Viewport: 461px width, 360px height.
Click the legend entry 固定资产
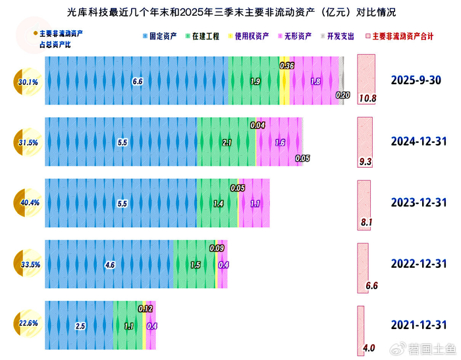(x=162, y=36)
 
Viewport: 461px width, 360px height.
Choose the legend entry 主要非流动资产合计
(x=402, y=36)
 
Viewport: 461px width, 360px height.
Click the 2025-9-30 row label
(x=415, y=81)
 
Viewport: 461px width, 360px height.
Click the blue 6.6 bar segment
(x=137, y=82)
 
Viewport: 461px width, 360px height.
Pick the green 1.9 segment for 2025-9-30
(x=255, y=82)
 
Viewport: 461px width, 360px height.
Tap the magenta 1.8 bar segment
(x=315, y=82)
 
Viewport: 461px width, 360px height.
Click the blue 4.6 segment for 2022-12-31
(x=110, y=265)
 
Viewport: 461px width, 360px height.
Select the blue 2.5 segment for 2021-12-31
(x=80, y=325)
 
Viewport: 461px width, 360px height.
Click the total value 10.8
(x=367, y=99)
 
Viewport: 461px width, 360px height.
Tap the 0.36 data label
(x=286, y=66)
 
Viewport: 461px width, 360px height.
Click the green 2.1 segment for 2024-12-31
(x=227, y=142)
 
